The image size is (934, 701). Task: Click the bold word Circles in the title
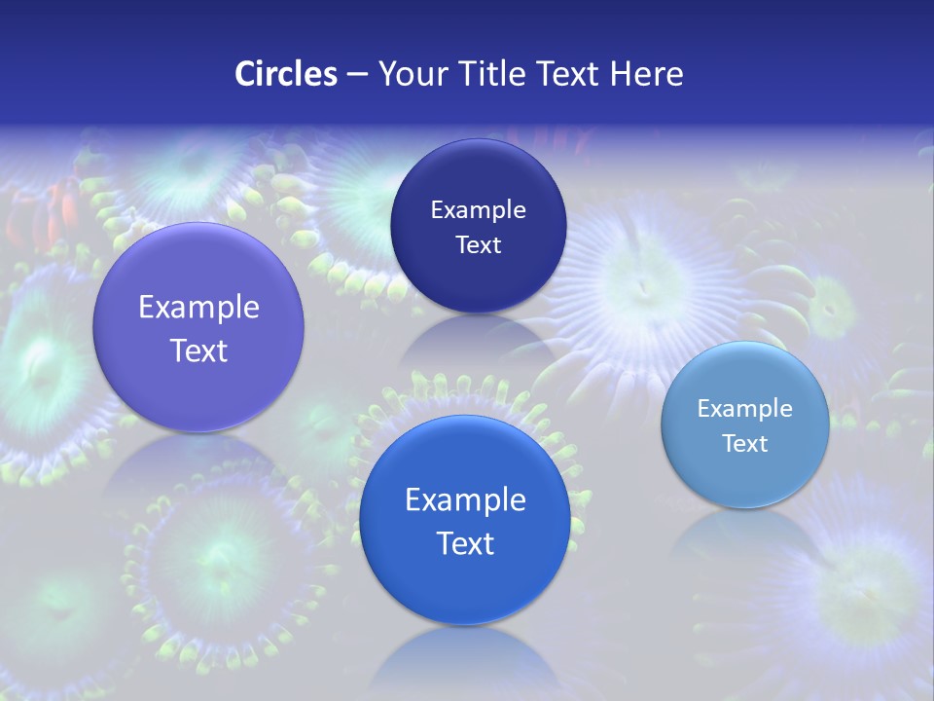285,74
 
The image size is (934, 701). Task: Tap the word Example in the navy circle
478,210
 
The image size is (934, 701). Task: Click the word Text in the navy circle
478,245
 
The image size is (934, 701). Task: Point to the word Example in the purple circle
198,308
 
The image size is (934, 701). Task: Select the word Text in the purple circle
198,350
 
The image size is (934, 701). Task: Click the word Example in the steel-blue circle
744,409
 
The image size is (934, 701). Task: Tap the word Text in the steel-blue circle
744,444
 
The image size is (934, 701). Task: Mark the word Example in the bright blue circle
465,500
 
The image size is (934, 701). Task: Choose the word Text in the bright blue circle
465,543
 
